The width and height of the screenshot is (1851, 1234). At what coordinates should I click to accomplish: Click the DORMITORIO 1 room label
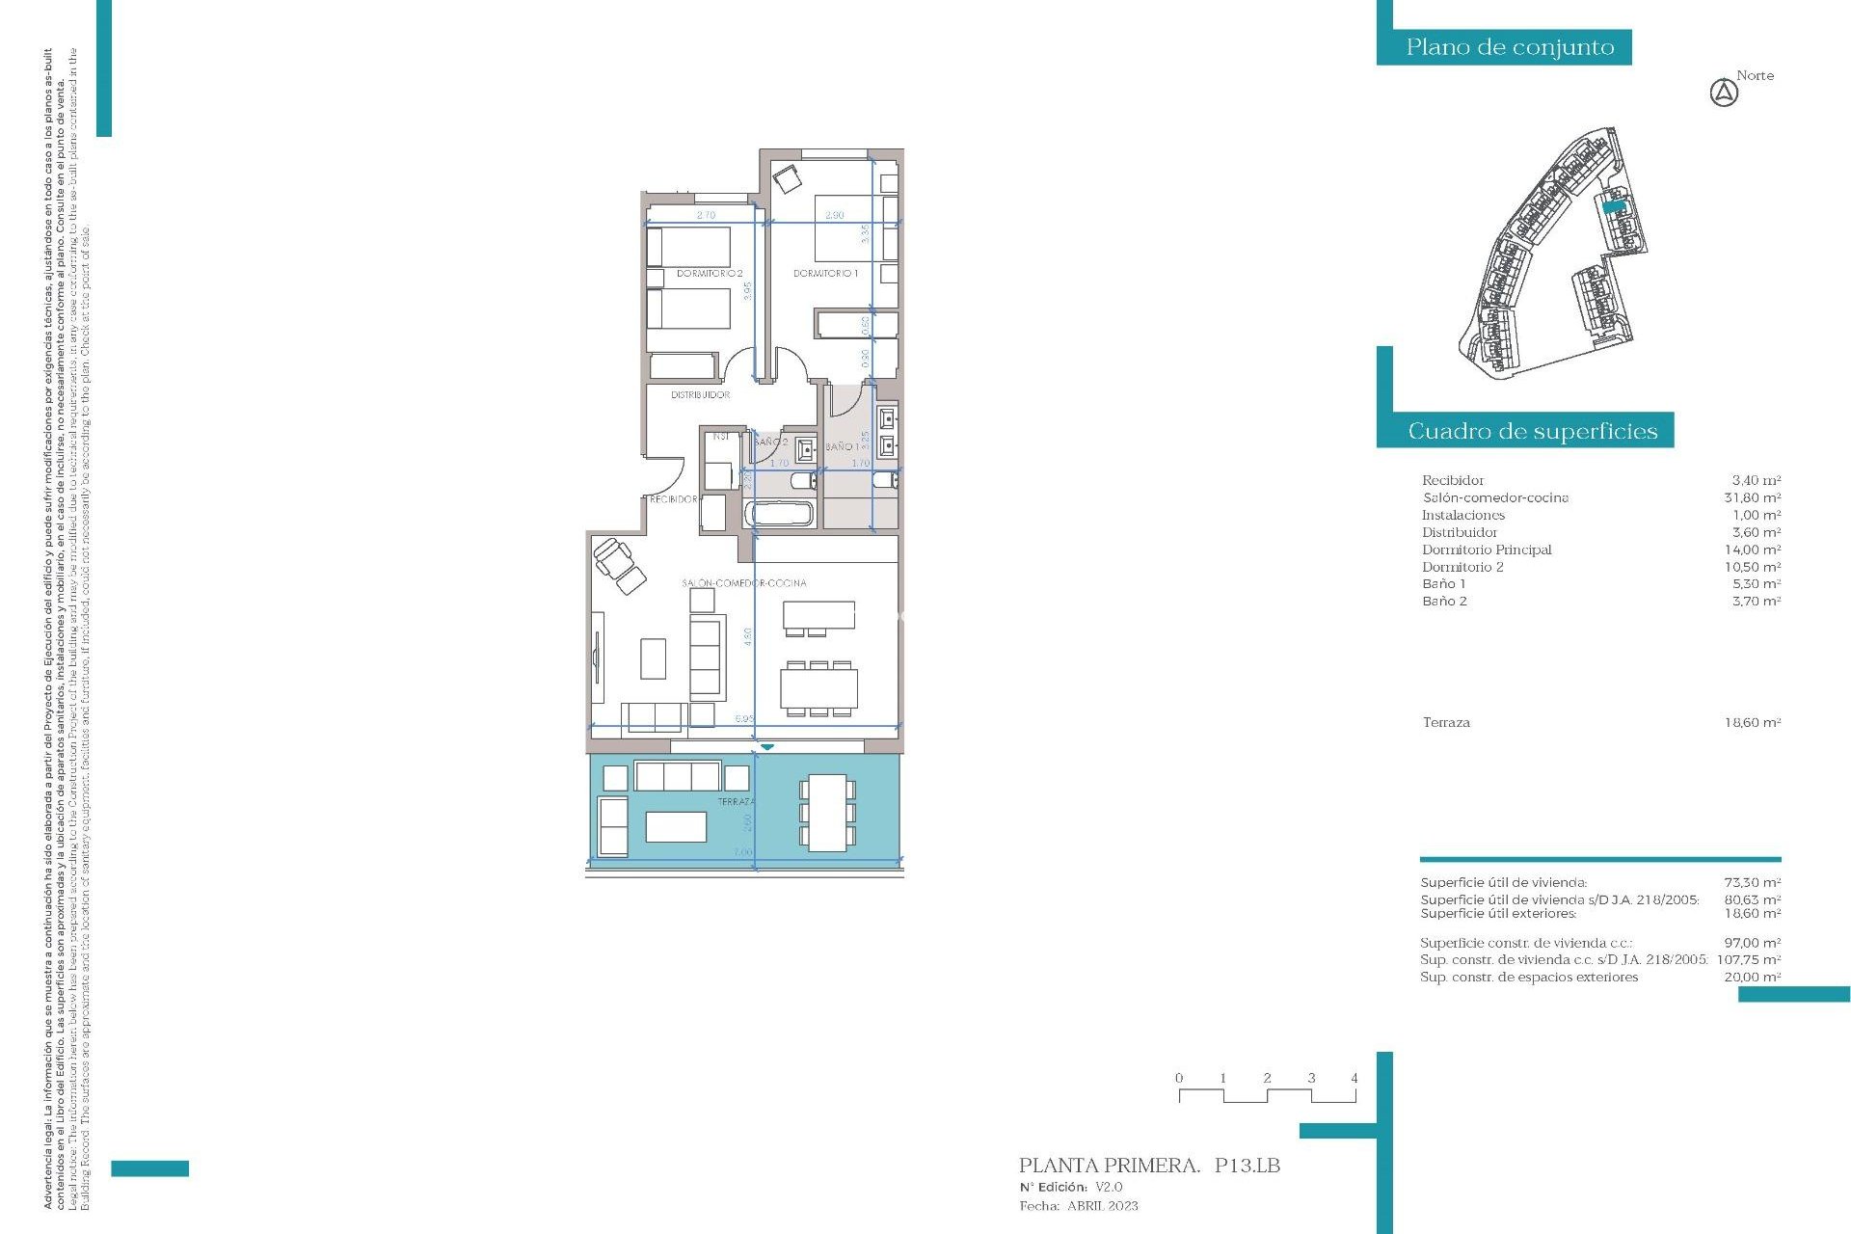[825, 274]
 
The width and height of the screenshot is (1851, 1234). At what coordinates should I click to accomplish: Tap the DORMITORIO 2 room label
[710, 274]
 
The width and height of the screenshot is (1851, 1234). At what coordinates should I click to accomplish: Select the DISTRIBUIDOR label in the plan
[700, 395]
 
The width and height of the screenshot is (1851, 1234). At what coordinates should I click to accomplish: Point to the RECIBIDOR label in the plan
[673, 499]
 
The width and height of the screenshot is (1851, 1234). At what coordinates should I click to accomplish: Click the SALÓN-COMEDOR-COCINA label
[743, 583]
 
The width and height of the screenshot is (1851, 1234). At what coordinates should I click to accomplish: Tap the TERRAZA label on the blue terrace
[737, 802]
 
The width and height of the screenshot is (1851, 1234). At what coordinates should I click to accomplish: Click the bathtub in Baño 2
[780, 513]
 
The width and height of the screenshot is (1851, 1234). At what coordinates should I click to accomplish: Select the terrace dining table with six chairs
[826, 813]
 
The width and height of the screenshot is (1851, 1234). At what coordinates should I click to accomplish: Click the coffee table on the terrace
[676, 827]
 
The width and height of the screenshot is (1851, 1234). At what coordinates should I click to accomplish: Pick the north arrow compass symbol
[1724, 94]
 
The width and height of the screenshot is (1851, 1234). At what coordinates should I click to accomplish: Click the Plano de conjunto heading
[1509, 47]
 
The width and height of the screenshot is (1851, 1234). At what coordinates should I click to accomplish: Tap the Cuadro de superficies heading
[1532, 431]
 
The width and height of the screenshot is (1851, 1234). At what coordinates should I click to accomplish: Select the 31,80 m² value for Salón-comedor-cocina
[1752, 497]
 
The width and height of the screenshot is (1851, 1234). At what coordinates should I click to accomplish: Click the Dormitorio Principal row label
[1487, 550]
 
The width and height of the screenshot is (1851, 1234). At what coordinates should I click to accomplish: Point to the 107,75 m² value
[1749, 959]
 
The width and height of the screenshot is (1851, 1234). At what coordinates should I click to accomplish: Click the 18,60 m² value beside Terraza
[1752, 722]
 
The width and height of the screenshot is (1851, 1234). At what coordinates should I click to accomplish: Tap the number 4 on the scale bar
[1354, 1078]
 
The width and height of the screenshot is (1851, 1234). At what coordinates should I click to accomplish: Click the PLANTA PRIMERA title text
[1109, 1166]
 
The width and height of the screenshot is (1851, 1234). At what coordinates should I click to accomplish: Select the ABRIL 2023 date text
[1102, 1206]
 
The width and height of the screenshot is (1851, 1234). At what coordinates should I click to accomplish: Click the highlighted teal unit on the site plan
[1613, 205]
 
